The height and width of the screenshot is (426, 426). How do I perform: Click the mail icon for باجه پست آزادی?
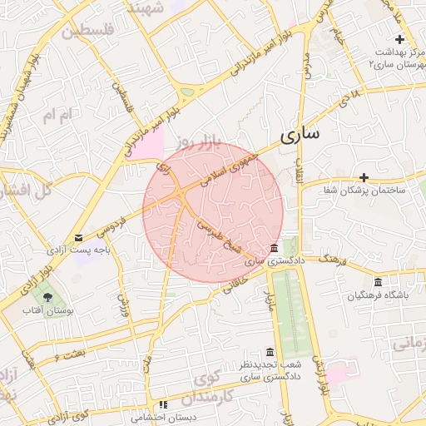click(x=78, y=238)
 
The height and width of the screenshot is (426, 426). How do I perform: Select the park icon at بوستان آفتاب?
click(x=47, y=296)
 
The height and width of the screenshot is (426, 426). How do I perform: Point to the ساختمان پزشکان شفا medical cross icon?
click(x=364, y=177)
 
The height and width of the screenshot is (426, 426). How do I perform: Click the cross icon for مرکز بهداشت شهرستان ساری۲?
click(x=400, y=39)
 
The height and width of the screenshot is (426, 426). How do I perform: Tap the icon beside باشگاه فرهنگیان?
click(x=379, y=281)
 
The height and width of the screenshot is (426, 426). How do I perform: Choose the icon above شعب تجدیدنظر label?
click(x=269, y=352)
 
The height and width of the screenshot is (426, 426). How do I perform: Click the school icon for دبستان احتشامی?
click(x=163, y=404)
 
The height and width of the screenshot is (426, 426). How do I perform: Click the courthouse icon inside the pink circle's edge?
click(x=275, y=250)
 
